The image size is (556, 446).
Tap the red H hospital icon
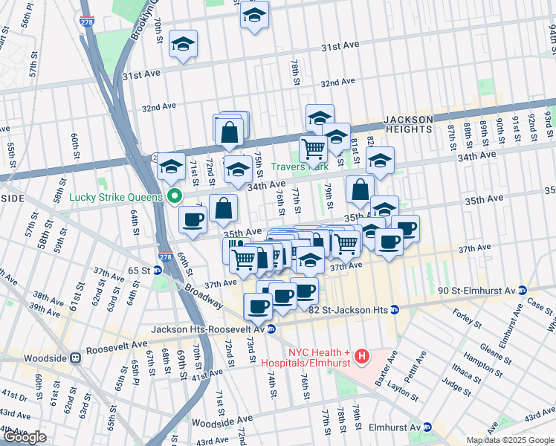pos(362,358)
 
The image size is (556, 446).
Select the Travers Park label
pos(299,168)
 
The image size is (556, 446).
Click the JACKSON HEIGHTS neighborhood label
pos(408,124)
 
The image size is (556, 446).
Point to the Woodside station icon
pos(75,358)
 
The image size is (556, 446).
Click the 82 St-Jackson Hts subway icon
pos(395,309)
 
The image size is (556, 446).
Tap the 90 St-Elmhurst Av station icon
pos(522,290)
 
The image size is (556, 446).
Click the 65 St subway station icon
pos(157,271)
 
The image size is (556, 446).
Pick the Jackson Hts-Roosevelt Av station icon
pos(272,329)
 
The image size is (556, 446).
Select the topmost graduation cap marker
pos(255,14)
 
